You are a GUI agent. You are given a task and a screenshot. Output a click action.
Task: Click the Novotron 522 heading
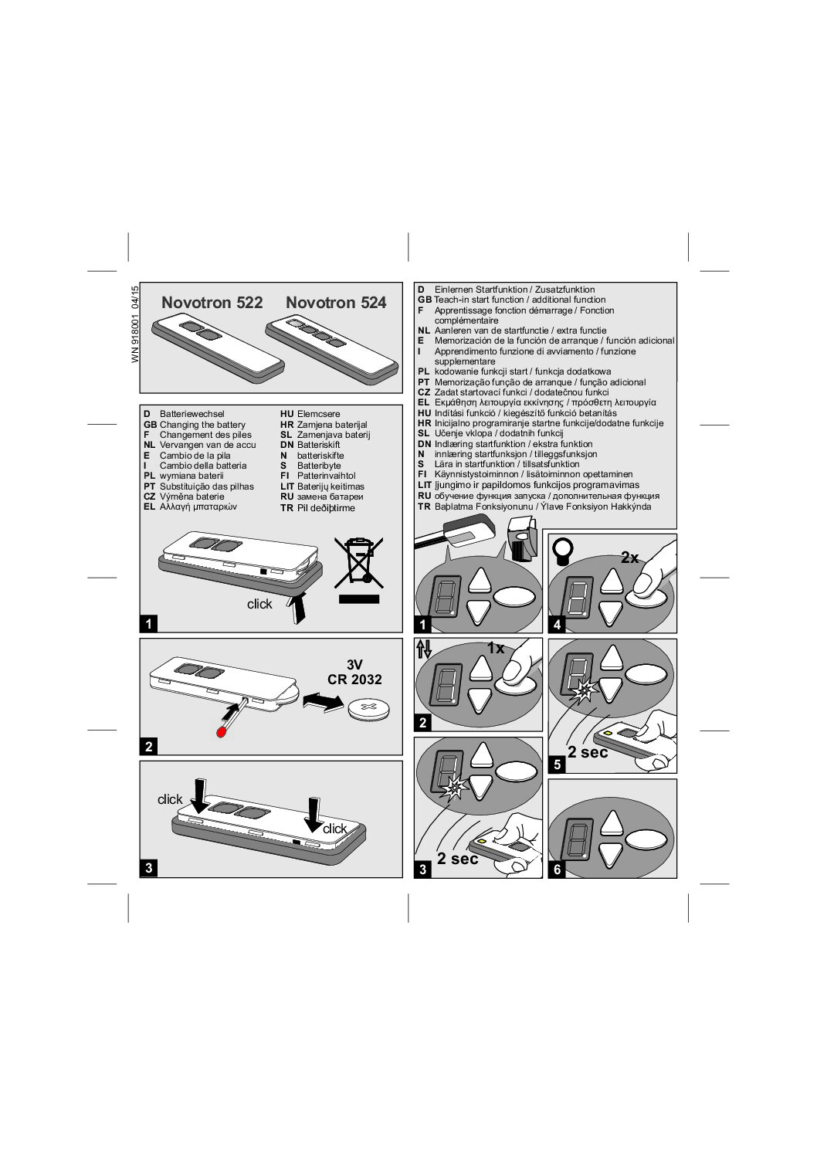pyautogui.click(x=212, y=303)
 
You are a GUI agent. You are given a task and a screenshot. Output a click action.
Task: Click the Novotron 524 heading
pyautogui.click(x=336, y=303)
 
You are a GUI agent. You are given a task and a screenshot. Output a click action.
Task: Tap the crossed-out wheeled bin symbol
pyautogui.click(x=359, y=563)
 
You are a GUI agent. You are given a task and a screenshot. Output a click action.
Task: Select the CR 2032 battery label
pyautogui.click(x=354, y=679)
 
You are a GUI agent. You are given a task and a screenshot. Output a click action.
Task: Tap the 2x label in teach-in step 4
pyautogui.click(x=629, y=558)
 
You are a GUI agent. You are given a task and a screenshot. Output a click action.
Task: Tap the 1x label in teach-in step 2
pyautogui.click(x=496, y=648)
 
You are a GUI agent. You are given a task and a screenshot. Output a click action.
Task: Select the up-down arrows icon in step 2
pyautogui.click(x=424, y=649)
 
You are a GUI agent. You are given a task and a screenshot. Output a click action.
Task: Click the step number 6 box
pyautogui.click(x=557, y=870)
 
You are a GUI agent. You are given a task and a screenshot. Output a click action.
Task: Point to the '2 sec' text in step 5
pyautogui.click(x=588, y=752)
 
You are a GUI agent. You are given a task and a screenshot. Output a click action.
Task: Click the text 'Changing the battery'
pyautogui.click(x=202, y=425)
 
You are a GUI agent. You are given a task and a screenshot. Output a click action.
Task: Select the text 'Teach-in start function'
pyautogui.click(x=479, y=300)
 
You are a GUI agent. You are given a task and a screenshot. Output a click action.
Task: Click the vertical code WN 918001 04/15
pyautogui.click(x=135, y=324)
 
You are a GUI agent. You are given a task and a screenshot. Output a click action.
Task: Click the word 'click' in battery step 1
pyautogui.click(x=259, y=604)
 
